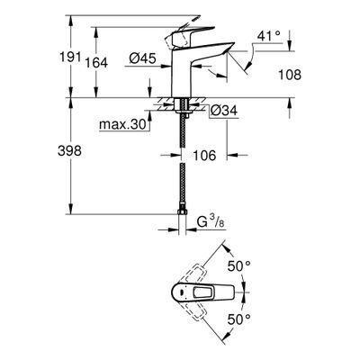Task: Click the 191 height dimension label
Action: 70,58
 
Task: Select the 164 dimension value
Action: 96,63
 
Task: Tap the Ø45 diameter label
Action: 142,58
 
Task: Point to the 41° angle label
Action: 268,36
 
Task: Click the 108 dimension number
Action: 290,75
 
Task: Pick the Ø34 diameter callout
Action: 223,111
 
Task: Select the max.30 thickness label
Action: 122,124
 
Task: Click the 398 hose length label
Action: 69,150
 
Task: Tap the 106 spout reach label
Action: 204,156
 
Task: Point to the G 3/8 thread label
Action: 211,222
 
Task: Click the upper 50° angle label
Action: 238,266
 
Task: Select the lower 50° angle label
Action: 238,319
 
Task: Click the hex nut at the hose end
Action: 182,212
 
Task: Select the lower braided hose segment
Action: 182,186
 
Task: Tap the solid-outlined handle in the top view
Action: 202,292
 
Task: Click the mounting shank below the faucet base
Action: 182,105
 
